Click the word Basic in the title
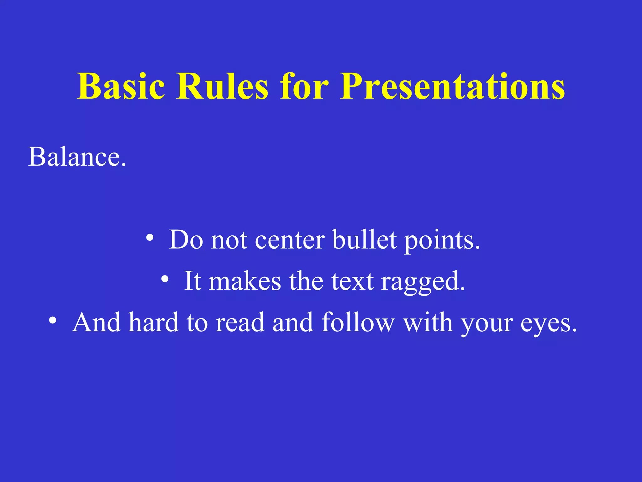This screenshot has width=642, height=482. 121,86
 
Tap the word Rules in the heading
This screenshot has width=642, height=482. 222,86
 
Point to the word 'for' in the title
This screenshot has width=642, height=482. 304,86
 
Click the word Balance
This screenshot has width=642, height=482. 77,157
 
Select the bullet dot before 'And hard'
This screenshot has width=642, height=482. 53,320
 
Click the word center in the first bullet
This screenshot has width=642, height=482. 290,240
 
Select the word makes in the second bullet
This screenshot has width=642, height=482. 245,281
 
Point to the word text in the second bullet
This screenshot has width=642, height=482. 352,281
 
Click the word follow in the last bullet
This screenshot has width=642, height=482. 358,322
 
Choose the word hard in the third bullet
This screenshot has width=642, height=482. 154,322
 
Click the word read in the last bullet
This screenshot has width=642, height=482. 240,322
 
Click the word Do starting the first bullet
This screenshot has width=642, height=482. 186,240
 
